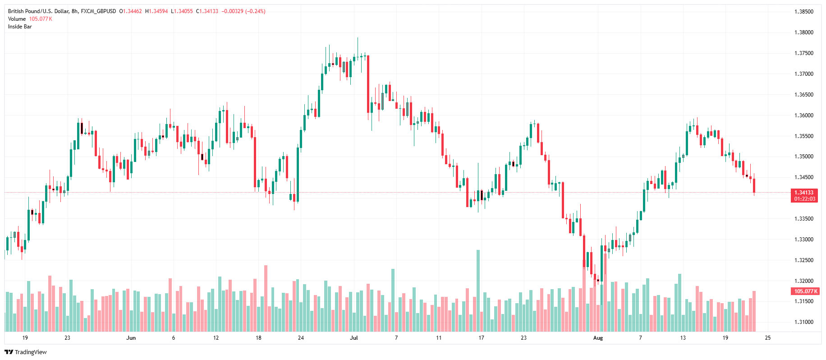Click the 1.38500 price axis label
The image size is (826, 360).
click(x=803, y=12)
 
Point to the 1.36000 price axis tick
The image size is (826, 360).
click(x=803, y=115)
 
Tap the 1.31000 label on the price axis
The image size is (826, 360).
click(x=803, y=322)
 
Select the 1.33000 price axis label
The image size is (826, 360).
click(x=803, y=240)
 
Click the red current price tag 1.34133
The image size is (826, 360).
click(x=804, y=193)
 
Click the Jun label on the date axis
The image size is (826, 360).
click(x=131, y=338)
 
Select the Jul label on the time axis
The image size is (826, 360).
click(x=353, y=338)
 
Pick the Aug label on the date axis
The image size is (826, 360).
click(x=598, y=338)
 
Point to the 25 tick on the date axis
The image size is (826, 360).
click(x=768, y=338)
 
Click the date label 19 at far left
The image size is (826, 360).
click(x=25, y=338)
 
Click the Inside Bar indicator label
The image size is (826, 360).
click(x=20, y=27)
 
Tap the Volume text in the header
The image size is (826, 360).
click(x=17, y=19)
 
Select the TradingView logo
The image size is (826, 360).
click(x=26, y=352)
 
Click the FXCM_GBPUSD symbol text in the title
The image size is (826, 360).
click(x=98, y=11)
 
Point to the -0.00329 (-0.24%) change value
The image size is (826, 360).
click(x=243, y=11)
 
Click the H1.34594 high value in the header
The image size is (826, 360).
click(x=156, y=11)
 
